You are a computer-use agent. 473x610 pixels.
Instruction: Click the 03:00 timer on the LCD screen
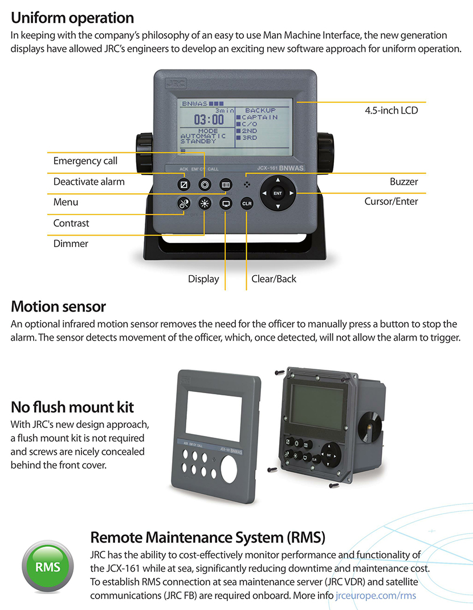point(209,120)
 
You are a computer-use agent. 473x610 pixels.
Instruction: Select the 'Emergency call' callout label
point(85,161)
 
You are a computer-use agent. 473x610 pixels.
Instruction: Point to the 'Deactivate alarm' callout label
point(89,181)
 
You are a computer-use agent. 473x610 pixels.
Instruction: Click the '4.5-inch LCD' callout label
point(391,110)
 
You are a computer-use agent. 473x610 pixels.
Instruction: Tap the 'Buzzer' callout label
point(403,181)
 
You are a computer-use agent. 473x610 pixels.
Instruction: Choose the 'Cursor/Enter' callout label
point(391,201)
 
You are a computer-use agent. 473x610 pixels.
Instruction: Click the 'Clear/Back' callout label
point(274,279)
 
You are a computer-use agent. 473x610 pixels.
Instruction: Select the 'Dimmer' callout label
point(71,244)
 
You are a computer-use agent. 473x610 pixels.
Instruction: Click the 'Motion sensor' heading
point(58,306)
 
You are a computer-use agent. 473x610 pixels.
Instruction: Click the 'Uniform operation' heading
point(72,18)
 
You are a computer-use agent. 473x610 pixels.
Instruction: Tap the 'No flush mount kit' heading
point(72,407)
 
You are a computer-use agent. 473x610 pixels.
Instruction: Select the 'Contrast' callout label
point(71,223)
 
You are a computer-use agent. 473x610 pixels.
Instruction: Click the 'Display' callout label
point(203,279)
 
